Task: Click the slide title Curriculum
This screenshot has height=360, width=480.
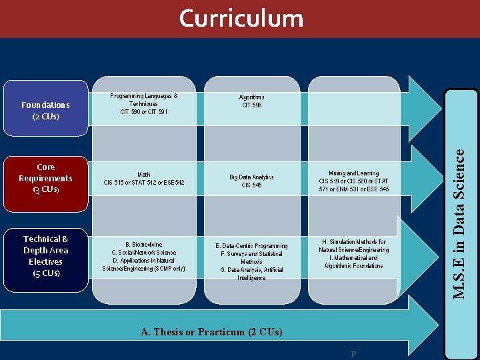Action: pyautogui.click(x=241, y=18)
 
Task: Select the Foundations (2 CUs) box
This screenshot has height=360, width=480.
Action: pyautogui.click(x=45, y=111)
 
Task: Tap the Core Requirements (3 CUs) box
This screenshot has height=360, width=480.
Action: pyautogui.click(x=45, y=178)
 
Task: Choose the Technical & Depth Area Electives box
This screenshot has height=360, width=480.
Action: pyautogui.click(x=45, y=255)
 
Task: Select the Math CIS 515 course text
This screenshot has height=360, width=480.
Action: pyautogui.click(x=144, y=179)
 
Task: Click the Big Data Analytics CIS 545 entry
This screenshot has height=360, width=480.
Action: pyautogui.click(x=252, y=181)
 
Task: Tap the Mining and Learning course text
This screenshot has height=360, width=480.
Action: pyautogui.click(x=354, y=181)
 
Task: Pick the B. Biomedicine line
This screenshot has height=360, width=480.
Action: pyautogui.click(x=144, y=245)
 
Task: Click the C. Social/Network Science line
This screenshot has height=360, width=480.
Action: pyautogui.click(x=144, y=253)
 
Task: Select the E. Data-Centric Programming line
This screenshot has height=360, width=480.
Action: pyautogui.click(x=252, y=246)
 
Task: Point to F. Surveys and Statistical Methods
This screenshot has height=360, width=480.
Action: pyautogui.click(x=252, y=258)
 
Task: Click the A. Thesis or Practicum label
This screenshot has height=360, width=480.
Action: pyautogui.click(x=211, y=332)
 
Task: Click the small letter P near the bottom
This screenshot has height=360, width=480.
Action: pyautogui.click(x=353, y=354)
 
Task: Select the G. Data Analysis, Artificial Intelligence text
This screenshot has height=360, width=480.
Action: pyautogui.click(x=252, y=274)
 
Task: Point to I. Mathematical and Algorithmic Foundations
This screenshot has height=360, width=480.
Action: pyautogui.click(x=354, y=262)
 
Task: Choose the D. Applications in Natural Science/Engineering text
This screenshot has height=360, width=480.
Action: pyautogui.click(x=144, y=265)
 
